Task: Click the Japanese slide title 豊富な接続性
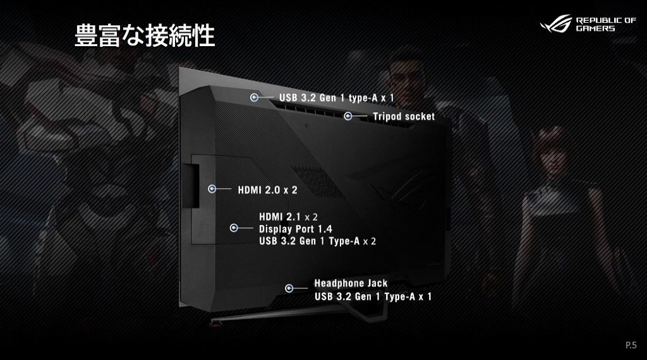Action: (x=145, y=36)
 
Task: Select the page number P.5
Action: (x=631, y=345)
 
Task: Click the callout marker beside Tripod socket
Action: (x=348, y=116)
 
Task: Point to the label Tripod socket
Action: (x=403, y=117)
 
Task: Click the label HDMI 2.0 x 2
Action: (x=267, y=189)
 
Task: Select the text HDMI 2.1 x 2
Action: (x=288, y=217)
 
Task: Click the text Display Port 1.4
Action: (x=296, y=229)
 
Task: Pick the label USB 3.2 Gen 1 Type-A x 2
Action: (x=317, y=241)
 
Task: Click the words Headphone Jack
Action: (x=351, y=283)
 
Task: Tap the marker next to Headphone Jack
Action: (x=289, y=288)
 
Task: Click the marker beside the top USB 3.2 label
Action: (x=254, y=98)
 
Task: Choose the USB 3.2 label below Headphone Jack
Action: (x=373, y=296)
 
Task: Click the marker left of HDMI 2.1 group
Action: (x=234, y=229)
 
